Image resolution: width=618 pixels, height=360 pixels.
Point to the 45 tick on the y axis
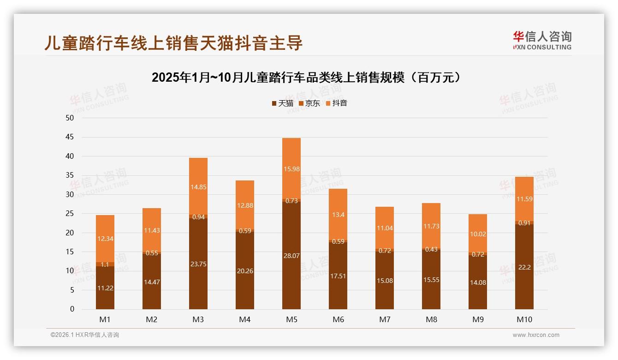(x=70, y=137)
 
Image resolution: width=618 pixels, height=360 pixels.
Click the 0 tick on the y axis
(x=72, y=309)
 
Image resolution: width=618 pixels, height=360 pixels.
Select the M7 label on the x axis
(x=385, y=319)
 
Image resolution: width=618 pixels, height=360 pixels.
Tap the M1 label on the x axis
(x=105, y=319)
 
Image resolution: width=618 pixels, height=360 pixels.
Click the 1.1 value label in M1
(x=105, y=264)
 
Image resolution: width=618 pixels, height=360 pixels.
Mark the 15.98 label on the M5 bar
(x=291, y=169)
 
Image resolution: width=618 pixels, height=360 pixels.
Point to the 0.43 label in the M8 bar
(x=431, y=249)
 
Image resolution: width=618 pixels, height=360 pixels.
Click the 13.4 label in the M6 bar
(x=338, y=214)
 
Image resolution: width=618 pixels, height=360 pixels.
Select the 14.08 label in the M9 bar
(x=478, y=282)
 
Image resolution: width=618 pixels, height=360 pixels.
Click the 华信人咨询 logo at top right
(x=542, y=40)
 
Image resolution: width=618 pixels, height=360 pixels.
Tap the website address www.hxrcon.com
(x=536, y=335)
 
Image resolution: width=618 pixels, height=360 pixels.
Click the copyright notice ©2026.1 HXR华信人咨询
(x=85, y=335)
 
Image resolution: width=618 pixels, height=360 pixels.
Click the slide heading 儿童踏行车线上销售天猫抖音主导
(x=173, y=42)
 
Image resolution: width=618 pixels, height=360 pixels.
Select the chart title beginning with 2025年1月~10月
(x=306, y=78)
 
